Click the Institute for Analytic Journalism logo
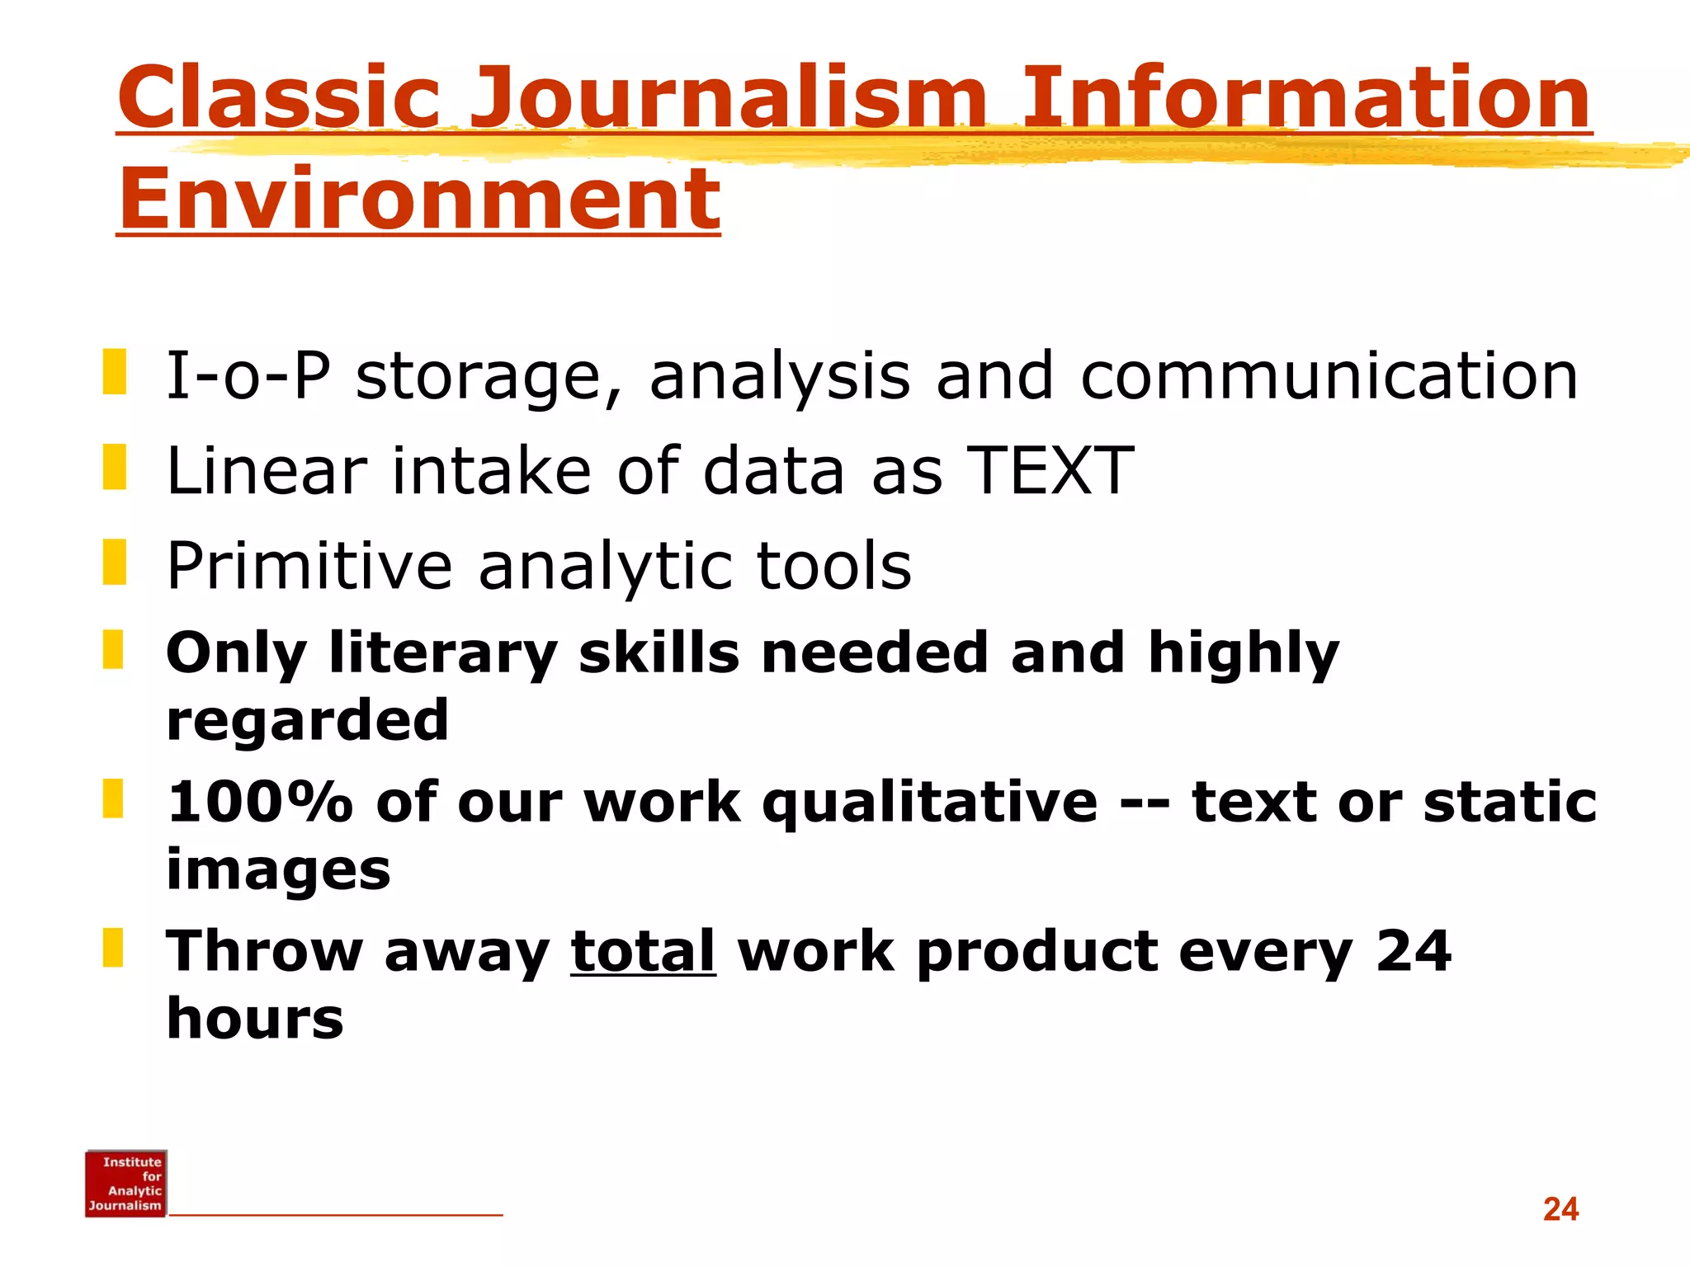click(125, 1183)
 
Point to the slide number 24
click(1560, 1209)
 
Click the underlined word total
click(643, 951)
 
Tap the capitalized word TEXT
click(1050, 470)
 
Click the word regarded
click(308, 720)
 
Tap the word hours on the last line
click(255, 1019)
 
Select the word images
click(278, 870)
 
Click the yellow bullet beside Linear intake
click(115, 467)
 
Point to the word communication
click(1329, 375)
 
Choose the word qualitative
click(930, 802)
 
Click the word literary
click(443, 653)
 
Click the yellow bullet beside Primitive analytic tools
click(115, 562)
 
